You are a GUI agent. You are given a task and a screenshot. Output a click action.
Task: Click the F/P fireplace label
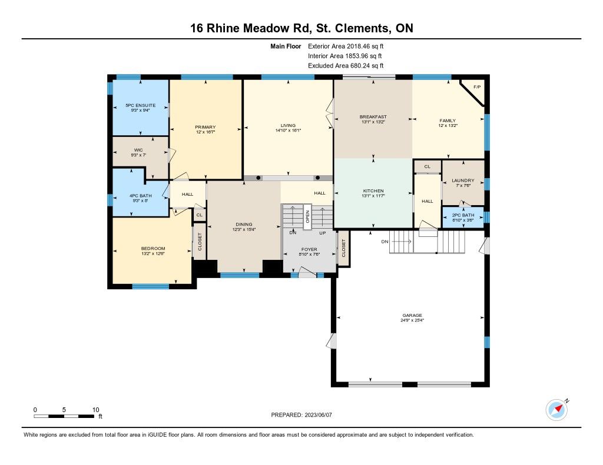click(477, 87)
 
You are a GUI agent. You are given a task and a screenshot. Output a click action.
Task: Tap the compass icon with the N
click(557, 410)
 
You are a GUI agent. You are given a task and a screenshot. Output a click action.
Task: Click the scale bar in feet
click(64, 416)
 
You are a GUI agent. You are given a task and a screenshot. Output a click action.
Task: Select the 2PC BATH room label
click(463, 215)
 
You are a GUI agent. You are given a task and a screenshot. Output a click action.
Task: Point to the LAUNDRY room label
click(463, 180)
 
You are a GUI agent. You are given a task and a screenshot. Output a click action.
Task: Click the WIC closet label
click(138, 150)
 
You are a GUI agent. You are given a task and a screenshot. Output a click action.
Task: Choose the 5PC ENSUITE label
click(140, 105)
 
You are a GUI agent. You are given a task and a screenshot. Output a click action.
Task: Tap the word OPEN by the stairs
click(307, 216)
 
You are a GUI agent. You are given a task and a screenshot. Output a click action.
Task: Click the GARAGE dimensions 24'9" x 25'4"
click(412, 320)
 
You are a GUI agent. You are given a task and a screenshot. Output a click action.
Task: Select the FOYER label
click(309, 249)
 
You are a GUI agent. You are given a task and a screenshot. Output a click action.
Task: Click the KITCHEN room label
click(373, 191)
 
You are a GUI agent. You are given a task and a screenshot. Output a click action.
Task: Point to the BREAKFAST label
click(373, 117)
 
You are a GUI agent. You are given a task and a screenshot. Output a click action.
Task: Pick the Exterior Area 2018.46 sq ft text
click(346, 46)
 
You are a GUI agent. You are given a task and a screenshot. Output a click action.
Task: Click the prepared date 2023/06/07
click(318, 415)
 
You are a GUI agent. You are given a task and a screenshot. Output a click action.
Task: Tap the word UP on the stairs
click(322, 233)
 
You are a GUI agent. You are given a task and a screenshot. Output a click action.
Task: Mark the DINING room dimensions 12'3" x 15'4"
click(244, 230)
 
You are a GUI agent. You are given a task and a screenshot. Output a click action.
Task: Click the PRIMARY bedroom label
click(206, 127)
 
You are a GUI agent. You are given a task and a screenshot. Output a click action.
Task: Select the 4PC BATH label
click(140, 196)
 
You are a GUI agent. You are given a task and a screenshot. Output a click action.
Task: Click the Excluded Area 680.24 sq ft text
click(346, 66)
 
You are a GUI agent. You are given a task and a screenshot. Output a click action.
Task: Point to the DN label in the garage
click(385, 242)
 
